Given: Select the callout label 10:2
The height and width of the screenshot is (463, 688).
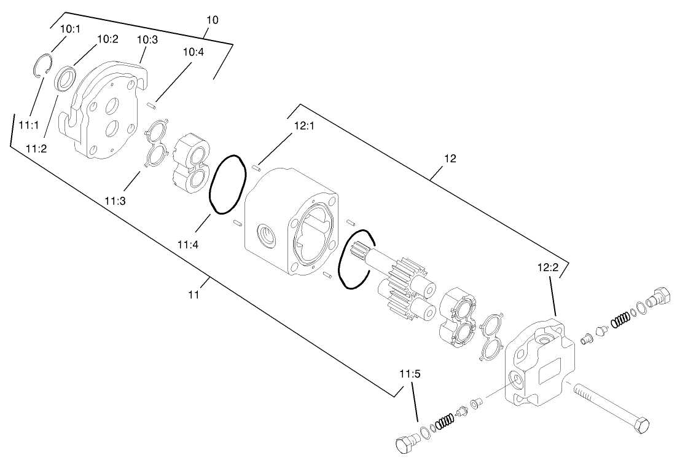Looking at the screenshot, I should tap(108, 39).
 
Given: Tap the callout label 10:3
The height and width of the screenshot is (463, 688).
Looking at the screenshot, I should tap(147, 39).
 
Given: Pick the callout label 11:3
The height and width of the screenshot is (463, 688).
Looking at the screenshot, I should tap(115, 200).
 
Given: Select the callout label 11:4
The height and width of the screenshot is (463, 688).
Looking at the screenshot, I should tap(187, 244).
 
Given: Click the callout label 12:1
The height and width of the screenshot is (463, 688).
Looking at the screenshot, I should tap(304, 125).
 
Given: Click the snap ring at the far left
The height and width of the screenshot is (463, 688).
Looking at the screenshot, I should tap(42, 66).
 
